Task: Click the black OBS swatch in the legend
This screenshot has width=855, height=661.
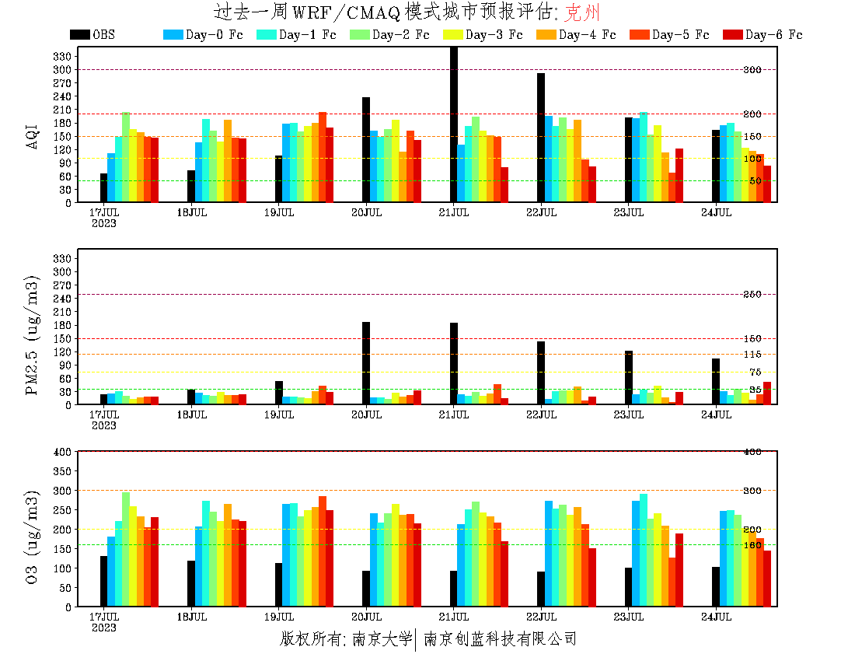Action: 79,35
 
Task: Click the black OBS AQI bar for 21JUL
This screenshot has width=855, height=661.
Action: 454,124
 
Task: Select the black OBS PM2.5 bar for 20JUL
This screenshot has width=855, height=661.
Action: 366,363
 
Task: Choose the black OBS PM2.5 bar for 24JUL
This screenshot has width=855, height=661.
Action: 716,381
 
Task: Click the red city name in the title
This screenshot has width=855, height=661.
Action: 582,12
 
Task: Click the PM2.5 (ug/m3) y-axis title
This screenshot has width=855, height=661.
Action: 33,334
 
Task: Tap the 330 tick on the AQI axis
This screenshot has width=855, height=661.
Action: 63,56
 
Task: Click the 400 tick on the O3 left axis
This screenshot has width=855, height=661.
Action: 63,451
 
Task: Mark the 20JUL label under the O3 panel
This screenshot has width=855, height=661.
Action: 366,616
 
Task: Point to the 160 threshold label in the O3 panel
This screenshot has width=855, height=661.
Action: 753,545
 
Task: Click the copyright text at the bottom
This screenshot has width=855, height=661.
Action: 427,639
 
